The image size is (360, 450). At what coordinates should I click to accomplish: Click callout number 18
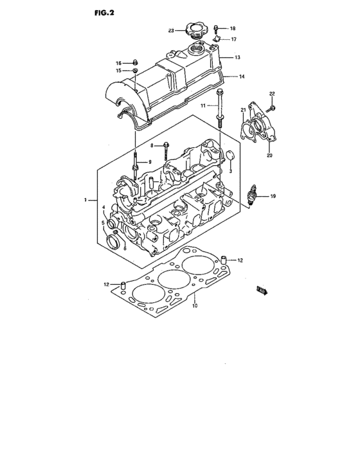tap(233, 29)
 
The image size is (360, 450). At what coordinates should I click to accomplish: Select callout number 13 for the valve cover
tap(237, 58)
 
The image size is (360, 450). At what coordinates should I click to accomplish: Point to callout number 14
tap(242, 76)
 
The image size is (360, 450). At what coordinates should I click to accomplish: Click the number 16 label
tap(118, 62)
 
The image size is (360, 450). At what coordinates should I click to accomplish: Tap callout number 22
tap(272, 95)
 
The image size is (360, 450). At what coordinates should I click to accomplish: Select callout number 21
tap(244, 111)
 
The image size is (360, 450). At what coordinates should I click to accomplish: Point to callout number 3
tap(230, 172)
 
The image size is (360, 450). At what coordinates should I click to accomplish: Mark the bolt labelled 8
tap(166, 146)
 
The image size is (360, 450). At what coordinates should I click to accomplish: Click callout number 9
tap(149, 163)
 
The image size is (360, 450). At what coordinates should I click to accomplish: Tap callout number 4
tap(103, 206)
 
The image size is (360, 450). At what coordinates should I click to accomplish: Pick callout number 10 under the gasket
tap(194, 307)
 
